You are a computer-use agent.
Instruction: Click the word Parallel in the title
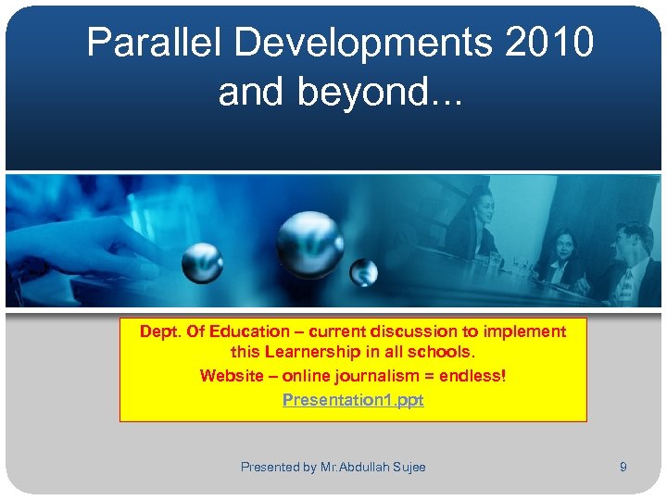[x=153, y=43]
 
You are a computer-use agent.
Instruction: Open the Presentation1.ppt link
[x=353, y=400]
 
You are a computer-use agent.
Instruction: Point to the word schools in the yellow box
[x=439, y=353]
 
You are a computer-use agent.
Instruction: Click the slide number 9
[x=623, y=468]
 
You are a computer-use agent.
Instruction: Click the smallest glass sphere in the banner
[x=364, y=273]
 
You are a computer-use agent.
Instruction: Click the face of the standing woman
[x=481, y=201]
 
